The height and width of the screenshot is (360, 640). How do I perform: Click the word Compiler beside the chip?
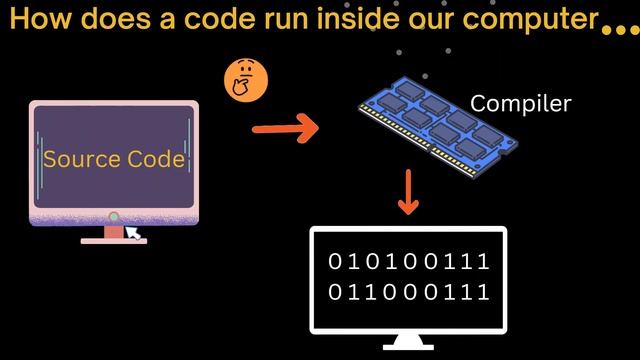(x=520, y=103)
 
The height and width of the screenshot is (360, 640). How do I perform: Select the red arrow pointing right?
(x=284, y=128)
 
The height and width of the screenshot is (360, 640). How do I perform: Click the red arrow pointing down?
(x=407, y=192)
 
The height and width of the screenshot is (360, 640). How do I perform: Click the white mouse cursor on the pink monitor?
(x=132, y=232)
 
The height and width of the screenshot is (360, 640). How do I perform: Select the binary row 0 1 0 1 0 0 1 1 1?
(x=409, y=262)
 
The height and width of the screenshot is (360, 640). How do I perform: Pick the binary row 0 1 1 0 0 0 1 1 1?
(x=409, y=292)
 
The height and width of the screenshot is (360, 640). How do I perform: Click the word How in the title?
(x=39, y=20)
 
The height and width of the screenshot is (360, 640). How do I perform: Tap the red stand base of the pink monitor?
(x=113, y=240)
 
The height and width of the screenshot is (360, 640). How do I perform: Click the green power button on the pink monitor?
(x=114, y=216)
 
